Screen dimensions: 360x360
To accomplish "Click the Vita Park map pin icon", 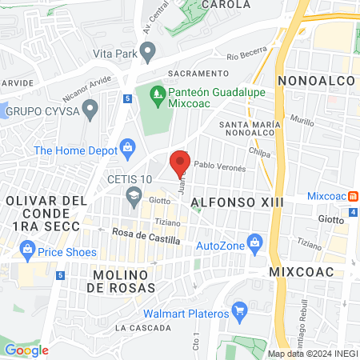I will click(148, 53).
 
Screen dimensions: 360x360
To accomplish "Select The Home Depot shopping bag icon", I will click(126, 148).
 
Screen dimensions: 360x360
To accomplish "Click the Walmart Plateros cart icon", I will click(238, 309).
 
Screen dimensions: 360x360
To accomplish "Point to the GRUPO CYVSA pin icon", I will click(90, 108).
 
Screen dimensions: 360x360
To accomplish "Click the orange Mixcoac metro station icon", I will click(352, 196).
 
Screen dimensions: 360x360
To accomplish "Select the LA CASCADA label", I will click(143, 328).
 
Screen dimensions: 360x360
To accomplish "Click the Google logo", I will click(26, 350).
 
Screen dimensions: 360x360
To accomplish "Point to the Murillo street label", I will click(302, 120).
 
